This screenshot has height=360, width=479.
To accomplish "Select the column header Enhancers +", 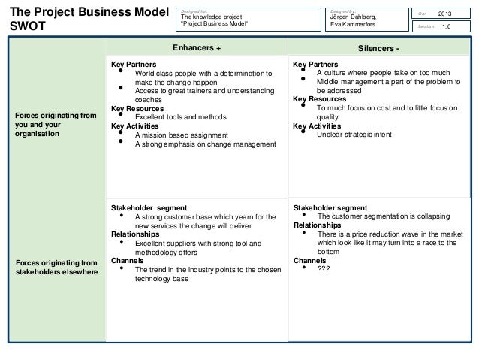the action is (x=197, y=47).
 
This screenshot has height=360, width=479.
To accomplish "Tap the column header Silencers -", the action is (x=378, y=47).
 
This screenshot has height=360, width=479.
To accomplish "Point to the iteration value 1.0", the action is (x=446, y=26).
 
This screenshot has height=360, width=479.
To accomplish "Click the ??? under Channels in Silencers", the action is (x=324, y=268).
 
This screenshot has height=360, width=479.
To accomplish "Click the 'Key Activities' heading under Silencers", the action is (x=316, y=126).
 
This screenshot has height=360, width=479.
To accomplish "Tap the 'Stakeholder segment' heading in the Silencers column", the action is (x=330, y=207).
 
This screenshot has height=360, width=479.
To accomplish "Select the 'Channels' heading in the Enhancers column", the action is (x=127, y=260).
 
